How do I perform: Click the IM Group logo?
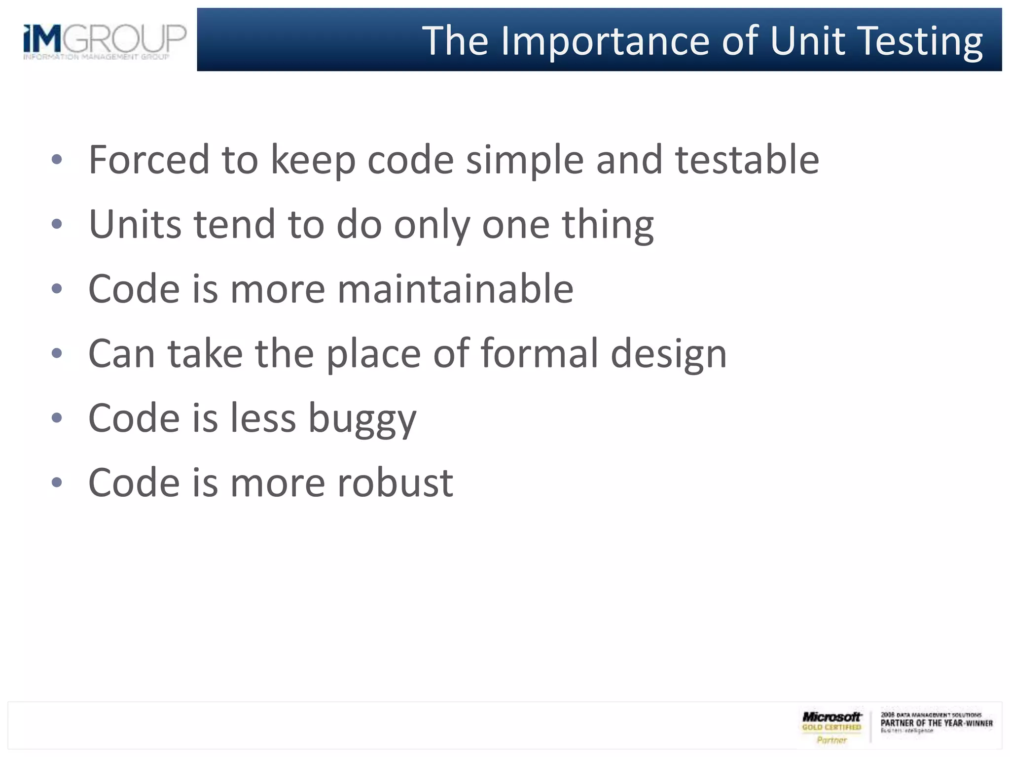105,40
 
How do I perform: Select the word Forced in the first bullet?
149,160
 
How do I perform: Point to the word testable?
747,160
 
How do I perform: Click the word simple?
525,160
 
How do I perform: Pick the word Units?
135,224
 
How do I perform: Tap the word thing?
608,224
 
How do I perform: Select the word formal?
539,353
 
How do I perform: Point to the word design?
669,353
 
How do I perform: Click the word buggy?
362,418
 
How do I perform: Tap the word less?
263,418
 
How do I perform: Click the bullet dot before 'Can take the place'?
57,353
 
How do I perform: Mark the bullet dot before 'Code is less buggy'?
57,418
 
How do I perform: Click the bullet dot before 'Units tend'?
57,224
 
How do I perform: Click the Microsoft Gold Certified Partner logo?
831,727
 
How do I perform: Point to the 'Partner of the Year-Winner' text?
937,723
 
